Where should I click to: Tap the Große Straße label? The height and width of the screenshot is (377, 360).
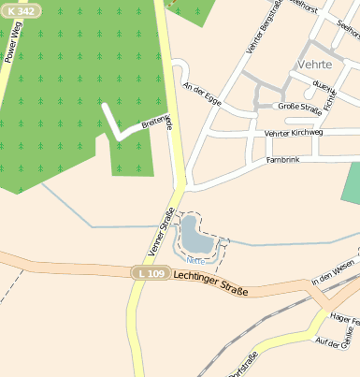pyautogui.click(x=300, y=108)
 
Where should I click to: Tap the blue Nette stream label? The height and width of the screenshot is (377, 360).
pyautogui.click(x=194, y=259)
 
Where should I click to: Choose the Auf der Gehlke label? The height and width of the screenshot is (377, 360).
pyautogui.click(x=338, y=343)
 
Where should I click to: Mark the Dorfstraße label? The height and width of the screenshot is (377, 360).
pyautogui.click(x=246, y=364)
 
